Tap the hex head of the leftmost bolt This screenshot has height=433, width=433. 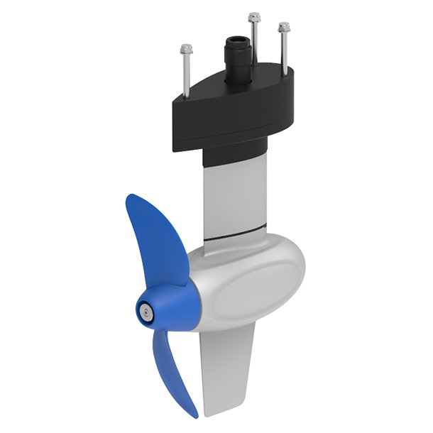tap(186, 49)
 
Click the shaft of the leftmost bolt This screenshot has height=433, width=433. tap(187, 75)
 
